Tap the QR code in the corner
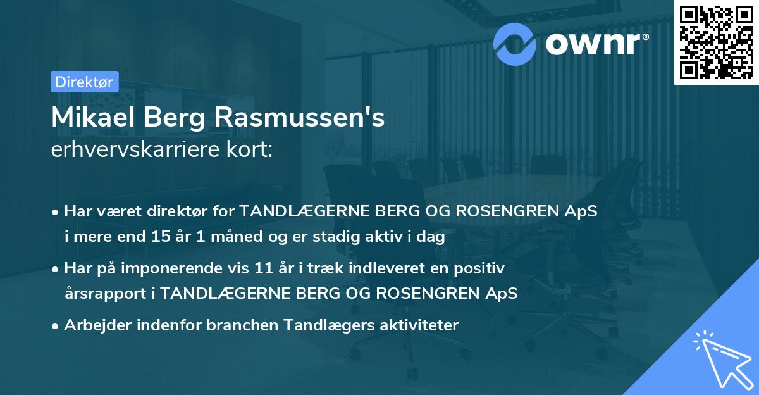pos(715,42)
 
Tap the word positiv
pos(483,268)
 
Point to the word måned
pos(214,238)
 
